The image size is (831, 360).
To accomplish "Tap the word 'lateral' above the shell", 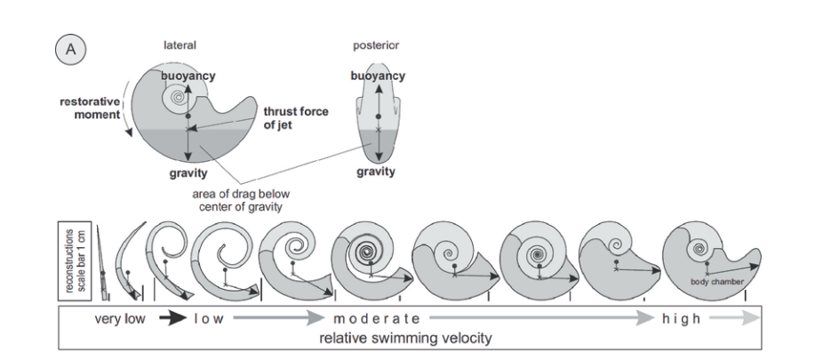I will [180, 45].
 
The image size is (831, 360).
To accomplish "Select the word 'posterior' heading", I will [373, 45].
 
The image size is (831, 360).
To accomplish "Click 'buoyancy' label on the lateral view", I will [188, 76].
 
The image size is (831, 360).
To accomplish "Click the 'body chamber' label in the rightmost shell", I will [716, 283].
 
